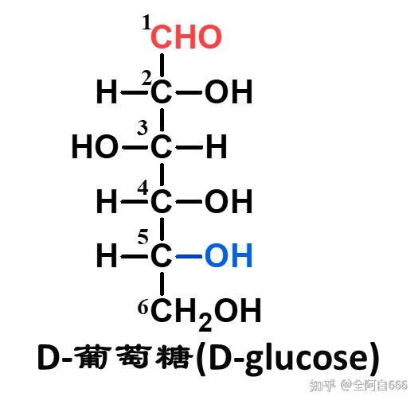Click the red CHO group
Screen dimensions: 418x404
pos(186,37)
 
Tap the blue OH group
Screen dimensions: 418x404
pos(229,255)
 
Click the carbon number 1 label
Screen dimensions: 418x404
pos(146,22)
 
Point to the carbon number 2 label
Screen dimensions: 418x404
pos(146,78)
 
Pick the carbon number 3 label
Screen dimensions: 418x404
pos(143,127)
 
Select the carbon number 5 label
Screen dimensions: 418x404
pos(143,237)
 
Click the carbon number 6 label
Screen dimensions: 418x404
pos(143,308)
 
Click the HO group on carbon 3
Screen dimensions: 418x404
pos(96,147)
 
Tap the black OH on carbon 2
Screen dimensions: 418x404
pos(229,91)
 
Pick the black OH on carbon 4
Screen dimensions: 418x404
pos(229,201)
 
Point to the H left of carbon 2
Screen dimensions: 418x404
pos(107,91)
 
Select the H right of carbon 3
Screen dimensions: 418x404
pos(217,147)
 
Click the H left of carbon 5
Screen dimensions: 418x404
pos(107,255)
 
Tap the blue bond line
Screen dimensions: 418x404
pos(189,256)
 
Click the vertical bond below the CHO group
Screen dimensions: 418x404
pos(162,65)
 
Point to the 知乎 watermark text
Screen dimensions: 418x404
pos(322,385)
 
